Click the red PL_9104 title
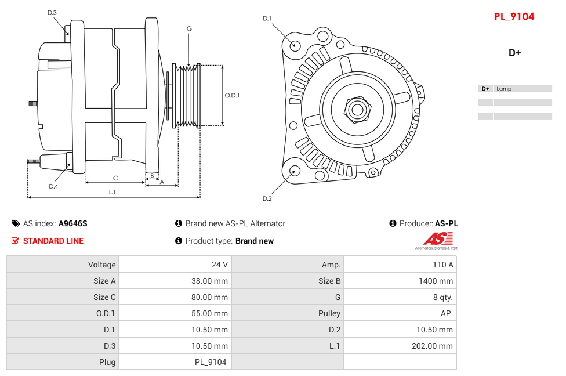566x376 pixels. (514, 17)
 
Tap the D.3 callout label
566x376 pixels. (52, 12)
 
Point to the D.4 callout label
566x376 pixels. (53, 186)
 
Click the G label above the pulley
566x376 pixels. (189, 28)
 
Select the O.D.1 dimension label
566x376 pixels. (232, 95)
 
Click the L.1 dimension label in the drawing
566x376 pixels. (112, 192)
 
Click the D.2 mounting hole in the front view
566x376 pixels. (295, 171)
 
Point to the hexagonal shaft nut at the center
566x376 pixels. (357, 109)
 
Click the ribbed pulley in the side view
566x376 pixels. (187, 95)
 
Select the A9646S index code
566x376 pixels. (73, 223)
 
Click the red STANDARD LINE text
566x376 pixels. (53, 241)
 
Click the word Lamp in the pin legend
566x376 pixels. (504, 89)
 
